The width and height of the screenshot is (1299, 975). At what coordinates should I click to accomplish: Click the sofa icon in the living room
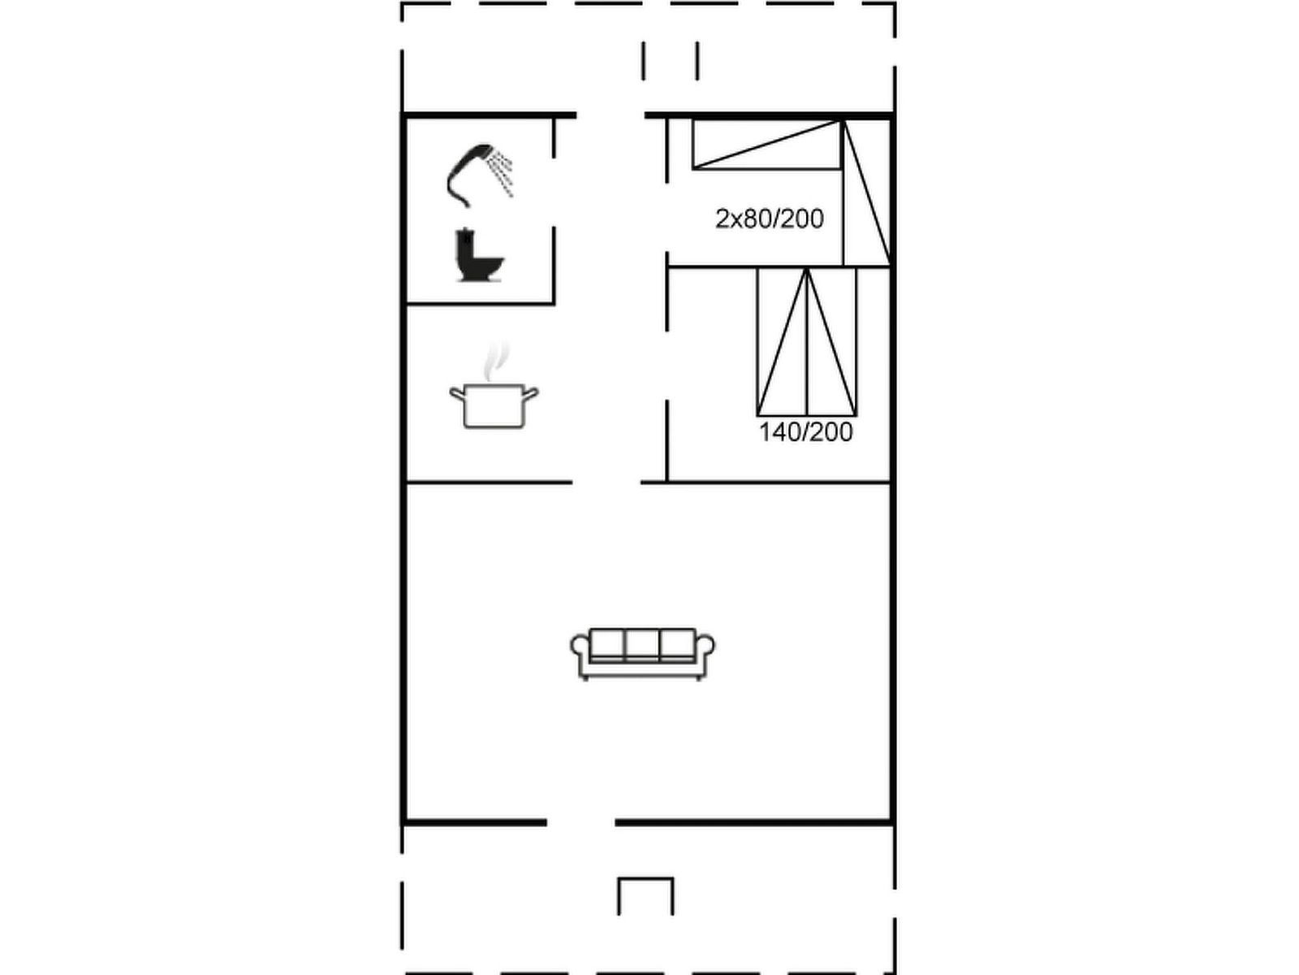point(642,653)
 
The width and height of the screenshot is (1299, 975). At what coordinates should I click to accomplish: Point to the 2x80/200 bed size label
point(770,219)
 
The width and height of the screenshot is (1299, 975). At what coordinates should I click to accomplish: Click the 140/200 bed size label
point(805,432)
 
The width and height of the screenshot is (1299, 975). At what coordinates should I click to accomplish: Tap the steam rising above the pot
point(496,360)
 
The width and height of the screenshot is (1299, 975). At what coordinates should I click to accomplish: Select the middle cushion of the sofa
point(642,644)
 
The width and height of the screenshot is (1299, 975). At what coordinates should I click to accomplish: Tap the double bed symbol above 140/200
point(807,341)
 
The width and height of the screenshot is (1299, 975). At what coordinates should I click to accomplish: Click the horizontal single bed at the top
point(767,145)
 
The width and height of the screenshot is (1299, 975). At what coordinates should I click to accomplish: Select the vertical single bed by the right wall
point(867,193)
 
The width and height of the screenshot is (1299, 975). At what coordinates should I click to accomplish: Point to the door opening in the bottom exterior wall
point(580,823)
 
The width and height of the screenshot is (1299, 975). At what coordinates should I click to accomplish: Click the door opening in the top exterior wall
point(611,115)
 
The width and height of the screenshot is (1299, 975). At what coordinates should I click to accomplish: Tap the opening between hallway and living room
point(606,483)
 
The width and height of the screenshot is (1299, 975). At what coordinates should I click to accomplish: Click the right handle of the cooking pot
point(531,393)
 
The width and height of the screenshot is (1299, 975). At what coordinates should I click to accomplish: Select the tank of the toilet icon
point(465,249)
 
